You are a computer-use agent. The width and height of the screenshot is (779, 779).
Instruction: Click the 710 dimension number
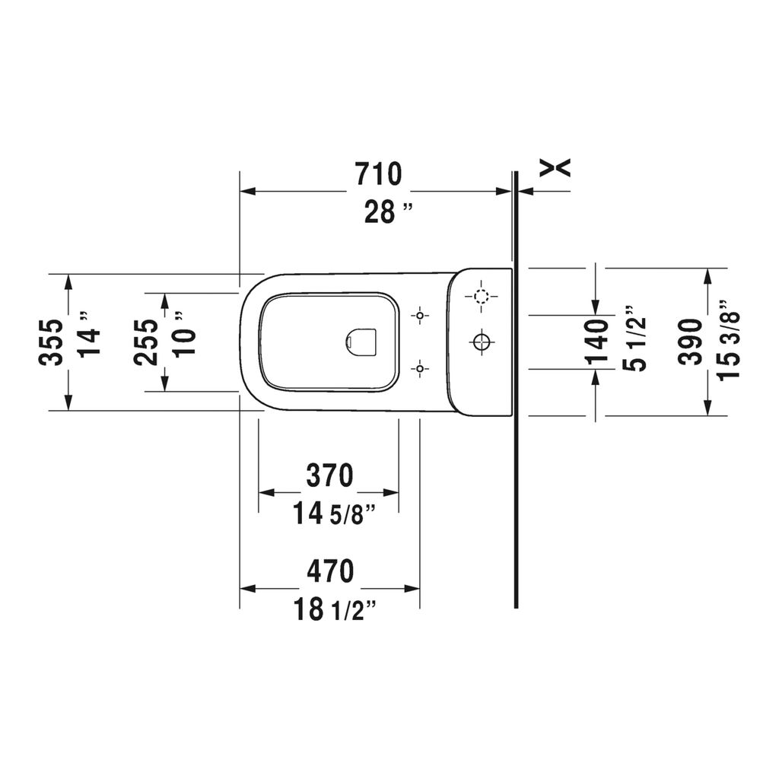pos(379,174)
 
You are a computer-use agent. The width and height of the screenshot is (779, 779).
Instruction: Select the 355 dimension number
pos(52,342)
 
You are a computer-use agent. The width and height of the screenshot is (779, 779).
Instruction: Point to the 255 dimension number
pos(146,342)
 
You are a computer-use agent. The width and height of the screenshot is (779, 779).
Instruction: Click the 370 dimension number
pos(329,475)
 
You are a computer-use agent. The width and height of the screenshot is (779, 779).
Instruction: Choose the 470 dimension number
pos(330,571)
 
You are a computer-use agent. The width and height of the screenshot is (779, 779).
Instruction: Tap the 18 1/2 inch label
pos(334,609)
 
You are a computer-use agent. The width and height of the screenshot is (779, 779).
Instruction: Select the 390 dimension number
pos(691,342)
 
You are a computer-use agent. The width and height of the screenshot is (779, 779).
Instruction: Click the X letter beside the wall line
pos(555,168)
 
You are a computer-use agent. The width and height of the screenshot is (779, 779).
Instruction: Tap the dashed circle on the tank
pos(481,297)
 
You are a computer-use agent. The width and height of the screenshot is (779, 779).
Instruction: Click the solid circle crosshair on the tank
pos(481,342)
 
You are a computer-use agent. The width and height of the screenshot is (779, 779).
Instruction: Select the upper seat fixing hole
pos(420,316)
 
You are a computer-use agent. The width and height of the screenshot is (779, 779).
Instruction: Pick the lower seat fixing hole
pos(420,369)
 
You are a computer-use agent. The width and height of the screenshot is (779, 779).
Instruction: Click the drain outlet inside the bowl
pos(361,342)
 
